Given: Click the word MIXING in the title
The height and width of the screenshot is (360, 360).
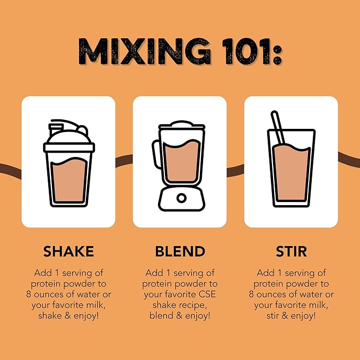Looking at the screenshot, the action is click(x=144, y=51).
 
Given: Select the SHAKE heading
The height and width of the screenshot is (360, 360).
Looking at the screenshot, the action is click(x=68, y=251).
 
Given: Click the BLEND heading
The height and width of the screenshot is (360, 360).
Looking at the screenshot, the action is click(x=180, y=251).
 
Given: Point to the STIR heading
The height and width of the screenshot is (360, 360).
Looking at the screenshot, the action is click(x=291, y=251).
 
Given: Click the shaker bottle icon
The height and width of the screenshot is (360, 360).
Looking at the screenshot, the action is click(x=69, y=163).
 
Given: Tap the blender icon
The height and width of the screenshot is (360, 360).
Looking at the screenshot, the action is click(x=179, y=166).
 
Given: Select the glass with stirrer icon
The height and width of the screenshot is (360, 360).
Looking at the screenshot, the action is click(x=291, y=159).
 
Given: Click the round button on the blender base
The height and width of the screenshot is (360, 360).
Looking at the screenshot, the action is click(x=181, y=198).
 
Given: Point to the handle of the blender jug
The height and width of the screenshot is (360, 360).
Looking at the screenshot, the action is click(x=155, y=154).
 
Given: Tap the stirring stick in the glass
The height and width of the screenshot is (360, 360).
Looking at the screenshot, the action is click(x=278, y=127).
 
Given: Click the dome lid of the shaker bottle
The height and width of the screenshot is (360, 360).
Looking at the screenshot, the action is click(x=69, y=137).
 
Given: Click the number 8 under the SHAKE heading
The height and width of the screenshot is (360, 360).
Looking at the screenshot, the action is click(x=29, y=294).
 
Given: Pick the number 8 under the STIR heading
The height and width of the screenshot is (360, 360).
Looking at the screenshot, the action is click(x=251, y=294).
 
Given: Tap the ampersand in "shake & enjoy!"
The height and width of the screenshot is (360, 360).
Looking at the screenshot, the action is click(x=68, y=315).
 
